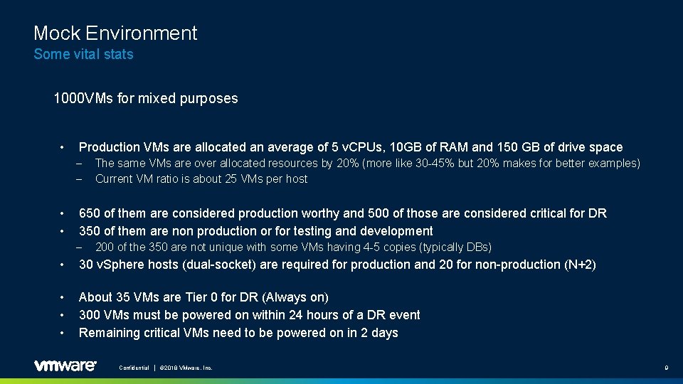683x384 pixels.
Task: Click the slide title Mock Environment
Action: click(115, 33)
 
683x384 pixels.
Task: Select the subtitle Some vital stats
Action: click(83, 54)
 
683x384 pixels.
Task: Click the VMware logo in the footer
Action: click(65, 366)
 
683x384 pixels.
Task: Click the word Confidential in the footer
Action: click(134, 368)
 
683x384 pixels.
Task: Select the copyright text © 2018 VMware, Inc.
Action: click(186, 368)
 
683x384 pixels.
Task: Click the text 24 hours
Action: click(302, 315)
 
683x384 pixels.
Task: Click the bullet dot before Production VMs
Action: click(63, 147)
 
